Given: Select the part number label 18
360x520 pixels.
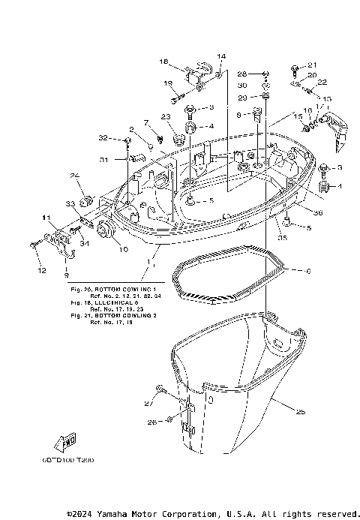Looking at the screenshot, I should pyautogui.click(x=163, y=62).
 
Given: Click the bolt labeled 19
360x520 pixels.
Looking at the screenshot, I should pyautogui.click(x=175, y=97).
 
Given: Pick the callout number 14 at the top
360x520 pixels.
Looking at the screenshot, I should pyautogui.click(x=221, y=56).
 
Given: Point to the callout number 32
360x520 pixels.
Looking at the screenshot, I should pyautogui.click(x=103, y=138).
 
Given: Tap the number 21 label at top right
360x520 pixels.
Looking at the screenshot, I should pyautogui.click(x=313, y=65).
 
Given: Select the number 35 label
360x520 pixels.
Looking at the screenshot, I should pyautogui.click(x=282, y=238).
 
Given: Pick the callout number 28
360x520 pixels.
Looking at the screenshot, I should pyautogui.click(x=242, y=74).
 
